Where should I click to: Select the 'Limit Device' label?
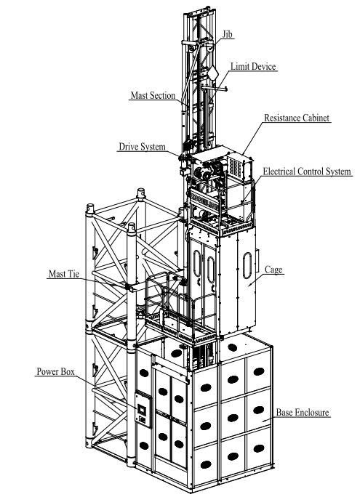click(254, 67)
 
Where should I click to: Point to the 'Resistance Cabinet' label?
click(297, 117)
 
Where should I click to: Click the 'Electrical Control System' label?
click(307, 172)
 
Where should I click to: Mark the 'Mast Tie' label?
click(64, 275)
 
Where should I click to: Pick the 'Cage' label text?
click(273, 270)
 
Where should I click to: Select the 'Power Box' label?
click(56, 371)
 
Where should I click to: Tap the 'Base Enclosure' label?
click(303, 413)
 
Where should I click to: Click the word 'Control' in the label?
click(309, 172)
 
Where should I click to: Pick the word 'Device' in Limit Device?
click(265, 67)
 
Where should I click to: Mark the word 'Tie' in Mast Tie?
click(76, 275)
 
